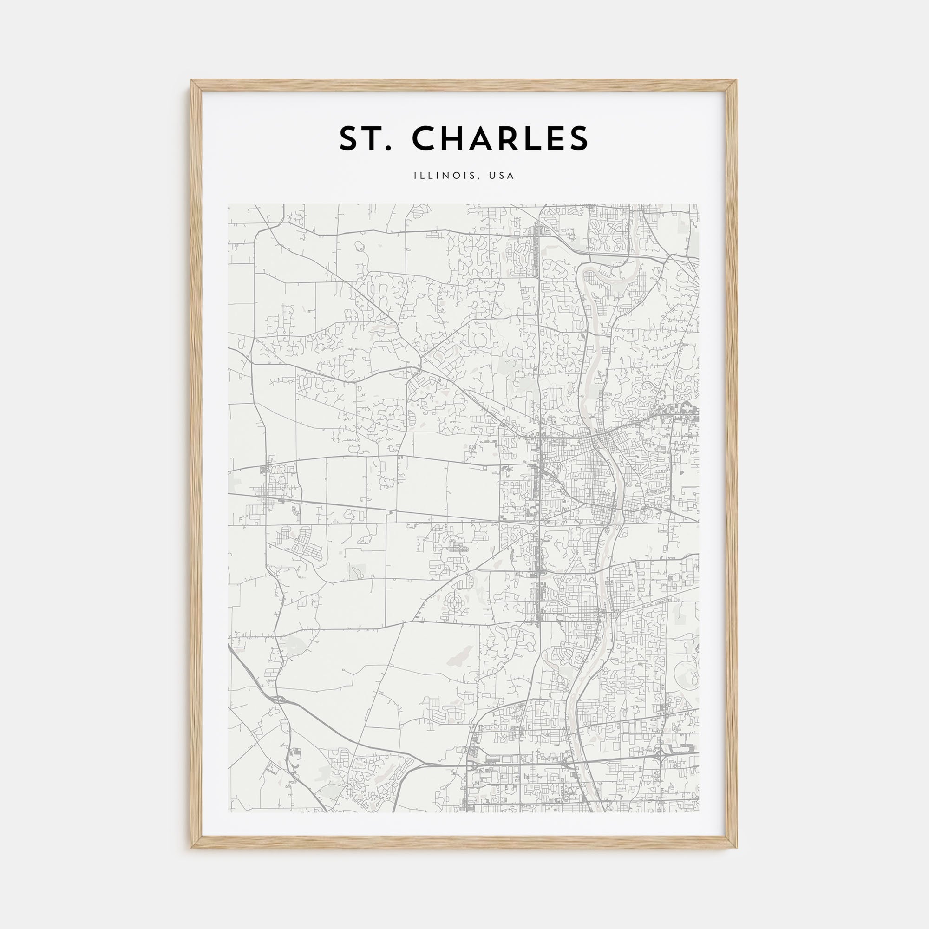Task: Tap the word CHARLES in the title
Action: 500,138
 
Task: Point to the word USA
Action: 502,176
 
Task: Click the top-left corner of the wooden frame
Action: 191,80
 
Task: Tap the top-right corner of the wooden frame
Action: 737,80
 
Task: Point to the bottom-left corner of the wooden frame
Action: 191,847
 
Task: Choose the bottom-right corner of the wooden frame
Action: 737,847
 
